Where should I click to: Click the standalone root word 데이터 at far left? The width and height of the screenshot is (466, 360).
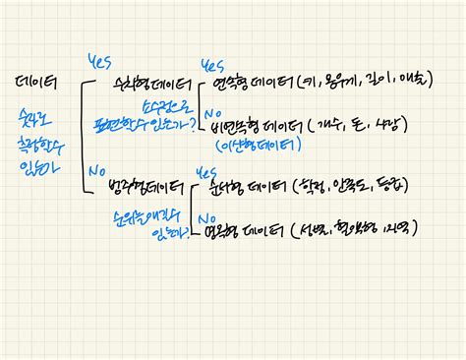tap(36, 83)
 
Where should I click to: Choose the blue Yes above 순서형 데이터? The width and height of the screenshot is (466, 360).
tap(206, 171)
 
